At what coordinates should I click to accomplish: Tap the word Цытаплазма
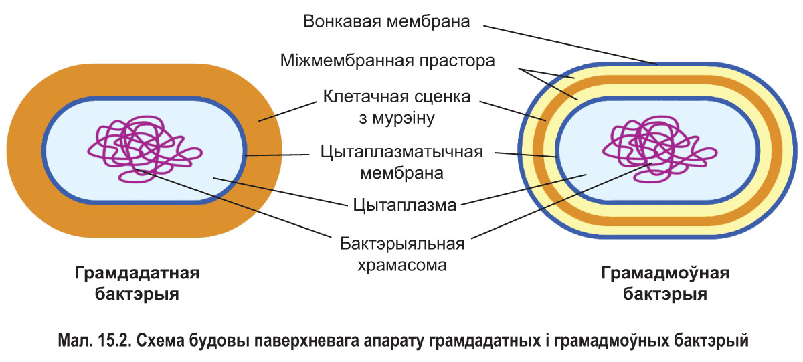click(x=405, y=205)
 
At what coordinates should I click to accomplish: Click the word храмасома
click(x=401, y=264)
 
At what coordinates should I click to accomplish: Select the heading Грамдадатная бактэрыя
click(x=137, y=284)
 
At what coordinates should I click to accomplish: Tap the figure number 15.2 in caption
click(x=115, y=341)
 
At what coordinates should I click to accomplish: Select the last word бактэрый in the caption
click(x=711, y=341)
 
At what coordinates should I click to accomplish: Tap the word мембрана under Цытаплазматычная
click(x=402, y=174)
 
